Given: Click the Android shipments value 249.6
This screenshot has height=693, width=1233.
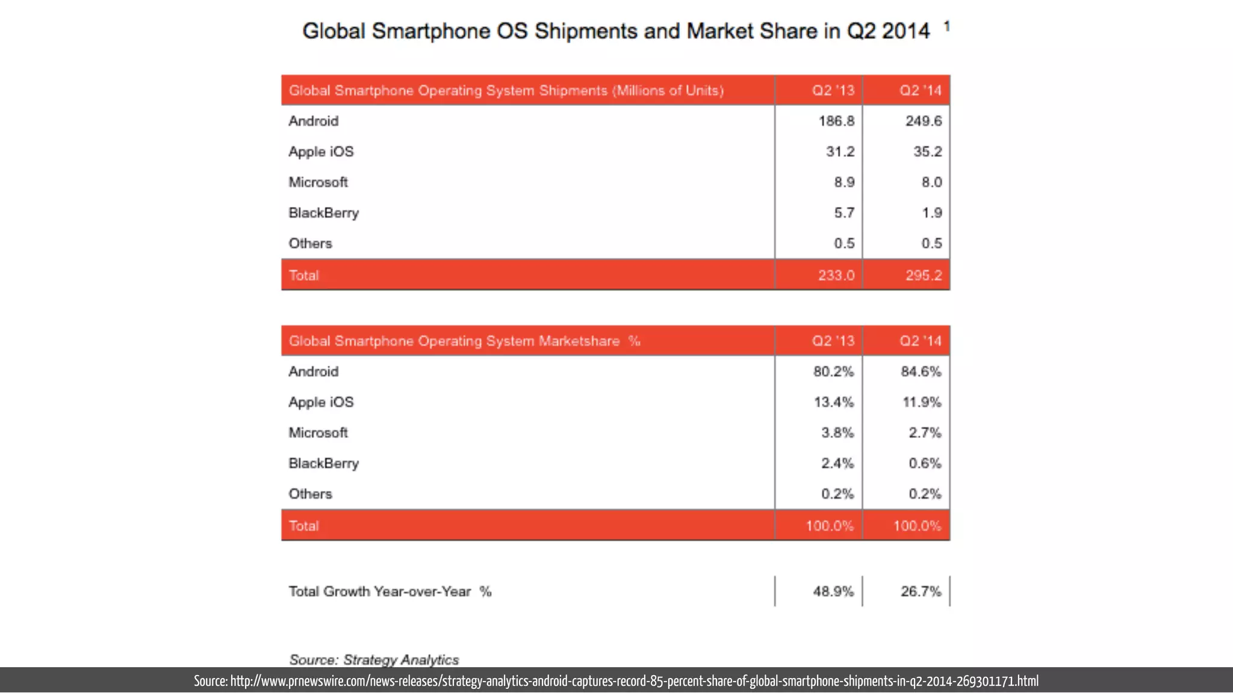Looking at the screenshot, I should (924, 121).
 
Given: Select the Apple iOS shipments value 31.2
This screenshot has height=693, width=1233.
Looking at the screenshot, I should (840, 152).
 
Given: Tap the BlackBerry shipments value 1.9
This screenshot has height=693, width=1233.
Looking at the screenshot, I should (931, 213).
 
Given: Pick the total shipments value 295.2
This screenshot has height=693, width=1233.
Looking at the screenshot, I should (924, 276).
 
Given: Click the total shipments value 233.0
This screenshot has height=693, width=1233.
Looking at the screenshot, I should (836, 276).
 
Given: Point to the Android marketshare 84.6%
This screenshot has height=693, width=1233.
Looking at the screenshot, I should (921, 372).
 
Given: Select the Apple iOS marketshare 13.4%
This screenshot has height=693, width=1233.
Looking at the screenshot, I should (833, 402).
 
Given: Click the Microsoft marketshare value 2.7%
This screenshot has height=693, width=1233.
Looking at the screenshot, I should (925, 433).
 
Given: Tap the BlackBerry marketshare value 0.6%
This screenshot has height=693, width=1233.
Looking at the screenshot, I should (925, 463).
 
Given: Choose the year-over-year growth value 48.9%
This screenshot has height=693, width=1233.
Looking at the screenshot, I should (833, 591).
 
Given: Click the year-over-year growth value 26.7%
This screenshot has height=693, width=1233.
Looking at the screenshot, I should (921, 591).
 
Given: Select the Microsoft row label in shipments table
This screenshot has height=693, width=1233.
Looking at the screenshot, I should (318, 182).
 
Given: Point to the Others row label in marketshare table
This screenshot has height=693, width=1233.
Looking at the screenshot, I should (310, 494).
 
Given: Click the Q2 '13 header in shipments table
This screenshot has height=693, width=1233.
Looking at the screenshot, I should (833, 90).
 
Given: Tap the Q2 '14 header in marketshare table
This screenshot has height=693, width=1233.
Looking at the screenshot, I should (921, 341).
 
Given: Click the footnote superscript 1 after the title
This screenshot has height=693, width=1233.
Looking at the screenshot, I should (947, 26).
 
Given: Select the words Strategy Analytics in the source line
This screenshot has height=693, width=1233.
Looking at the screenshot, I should (401, 660).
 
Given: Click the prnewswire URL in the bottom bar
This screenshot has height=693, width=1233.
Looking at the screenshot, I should (635, 681).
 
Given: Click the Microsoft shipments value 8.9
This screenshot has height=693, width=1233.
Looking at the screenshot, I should (844, 182).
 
